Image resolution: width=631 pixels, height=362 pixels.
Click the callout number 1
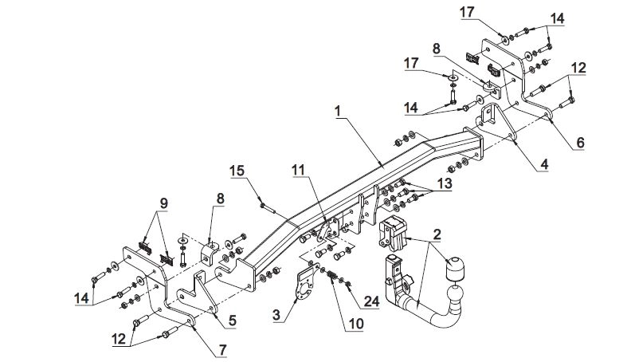[x=338, y=112]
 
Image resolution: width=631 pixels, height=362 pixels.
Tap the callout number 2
[x=437, y=234]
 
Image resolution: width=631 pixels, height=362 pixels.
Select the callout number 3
[x=276, y=314]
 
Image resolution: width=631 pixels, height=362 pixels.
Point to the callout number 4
[x=544, y=164]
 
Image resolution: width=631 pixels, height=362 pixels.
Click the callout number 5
[x=232, y=321]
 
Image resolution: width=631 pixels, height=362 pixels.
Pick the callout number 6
[x=580, y=142]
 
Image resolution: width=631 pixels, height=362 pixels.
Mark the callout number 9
[x=163, y=203]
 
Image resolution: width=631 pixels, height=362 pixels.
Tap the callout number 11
[x=298, y=171]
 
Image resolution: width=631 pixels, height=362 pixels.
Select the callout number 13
[x=445, y=183]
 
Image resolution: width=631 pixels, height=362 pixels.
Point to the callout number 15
[x=237, y=171]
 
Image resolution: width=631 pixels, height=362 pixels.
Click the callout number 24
[x=372, y=301]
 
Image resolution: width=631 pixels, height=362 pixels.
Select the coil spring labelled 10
[x=332, y=276]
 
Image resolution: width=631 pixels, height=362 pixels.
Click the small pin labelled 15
[x=267, y=208]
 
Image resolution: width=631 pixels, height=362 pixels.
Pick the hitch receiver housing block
[x=391, y=234]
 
